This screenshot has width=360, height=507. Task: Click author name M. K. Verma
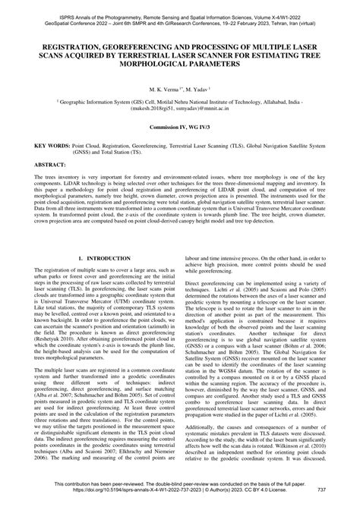click(163, 90)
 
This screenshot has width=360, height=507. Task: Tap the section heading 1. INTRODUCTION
click(105, 259)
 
